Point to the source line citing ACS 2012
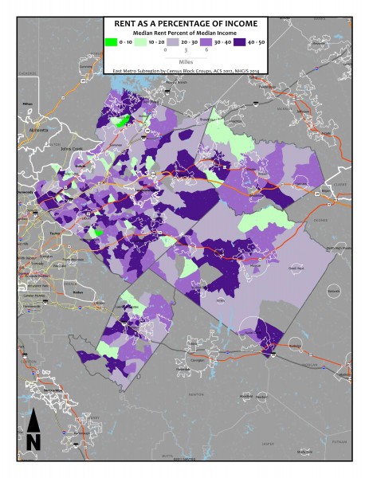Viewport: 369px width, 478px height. [185, 69]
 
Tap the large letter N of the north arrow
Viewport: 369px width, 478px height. [33, 441]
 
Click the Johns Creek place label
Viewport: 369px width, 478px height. [72, 147]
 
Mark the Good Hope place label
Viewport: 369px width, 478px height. [296, 268]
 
